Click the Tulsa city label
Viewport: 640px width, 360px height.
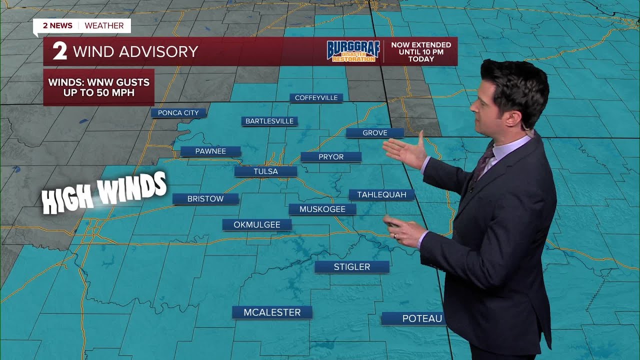(265, 171)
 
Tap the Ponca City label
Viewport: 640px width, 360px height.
(178, 113)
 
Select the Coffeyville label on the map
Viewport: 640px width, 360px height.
(316, 97)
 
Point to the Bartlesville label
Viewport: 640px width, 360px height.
(269, 121)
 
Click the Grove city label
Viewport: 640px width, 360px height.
(374, 133)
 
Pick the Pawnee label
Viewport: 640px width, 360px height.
(210, 151)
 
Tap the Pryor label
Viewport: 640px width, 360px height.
(331, 157)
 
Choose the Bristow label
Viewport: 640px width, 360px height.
(205, 199)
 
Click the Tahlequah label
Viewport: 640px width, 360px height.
(381, 194)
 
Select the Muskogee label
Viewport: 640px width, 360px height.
(322, 209)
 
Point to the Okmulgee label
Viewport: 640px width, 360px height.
(257, 225)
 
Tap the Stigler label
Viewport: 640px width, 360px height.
(352, 267)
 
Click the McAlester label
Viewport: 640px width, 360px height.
(272, 312)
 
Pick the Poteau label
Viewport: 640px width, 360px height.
(413, 318)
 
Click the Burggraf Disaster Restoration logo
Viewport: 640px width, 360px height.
(353, 51)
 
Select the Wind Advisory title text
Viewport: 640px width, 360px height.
(135, 51)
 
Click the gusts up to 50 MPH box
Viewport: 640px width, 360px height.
(98, 87)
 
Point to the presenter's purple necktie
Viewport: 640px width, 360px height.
(479, 165)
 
